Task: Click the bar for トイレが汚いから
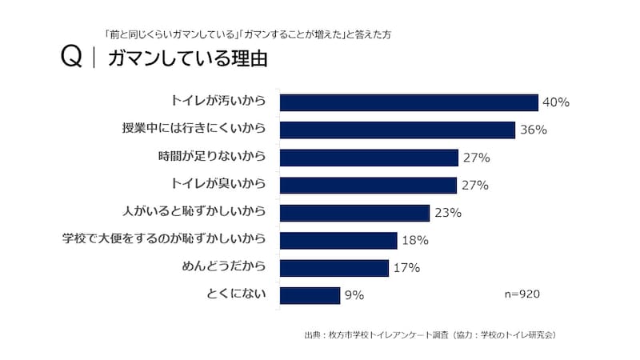pos(409,102)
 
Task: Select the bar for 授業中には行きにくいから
pos(397,130)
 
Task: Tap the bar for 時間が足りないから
pos(369,158)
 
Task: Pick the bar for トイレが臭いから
pos(369,186)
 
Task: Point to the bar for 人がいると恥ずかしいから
pos(354,213)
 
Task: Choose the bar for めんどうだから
pos(334,268)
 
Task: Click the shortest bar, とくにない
pos(310,295)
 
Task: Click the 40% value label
pos(555,102)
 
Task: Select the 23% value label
pos(448,213)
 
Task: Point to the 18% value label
pos(415,241)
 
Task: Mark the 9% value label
pos(354,295)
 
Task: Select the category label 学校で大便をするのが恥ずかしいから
pos(164,239)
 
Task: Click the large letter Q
pos(71,59)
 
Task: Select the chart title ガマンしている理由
pos(186,59)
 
